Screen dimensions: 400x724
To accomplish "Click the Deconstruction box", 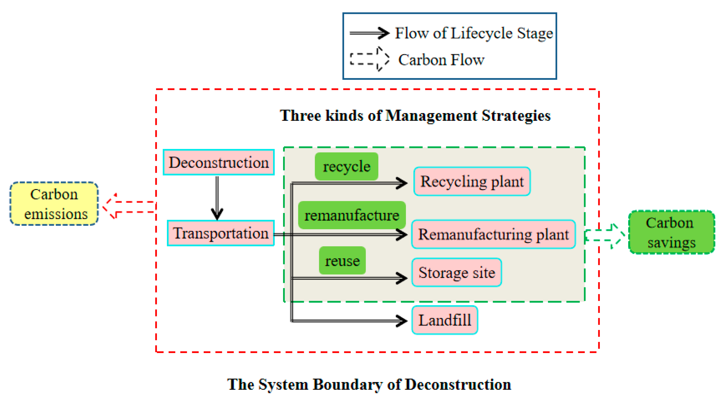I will click(219, 162).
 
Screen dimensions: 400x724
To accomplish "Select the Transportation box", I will click(221, 233).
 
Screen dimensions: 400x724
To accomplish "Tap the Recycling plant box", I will click(472, 181).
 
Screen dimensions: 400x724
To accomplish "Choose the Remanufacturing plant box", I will click(493, 234).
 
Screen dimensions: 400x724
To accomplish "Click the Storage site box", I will click(457, 272).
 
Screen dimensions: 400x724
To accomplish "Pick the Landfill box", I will click(445, 320).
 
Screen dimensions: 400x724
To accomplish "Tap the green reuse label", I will click(342, 261).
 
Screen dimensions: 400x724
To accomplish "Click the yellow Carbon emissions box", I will click(54, 204).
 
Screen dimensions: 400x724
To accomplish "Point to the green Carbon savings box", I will click(671, 232).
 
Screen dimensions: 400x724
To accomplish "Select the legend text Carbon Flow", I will click(441, 60).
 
